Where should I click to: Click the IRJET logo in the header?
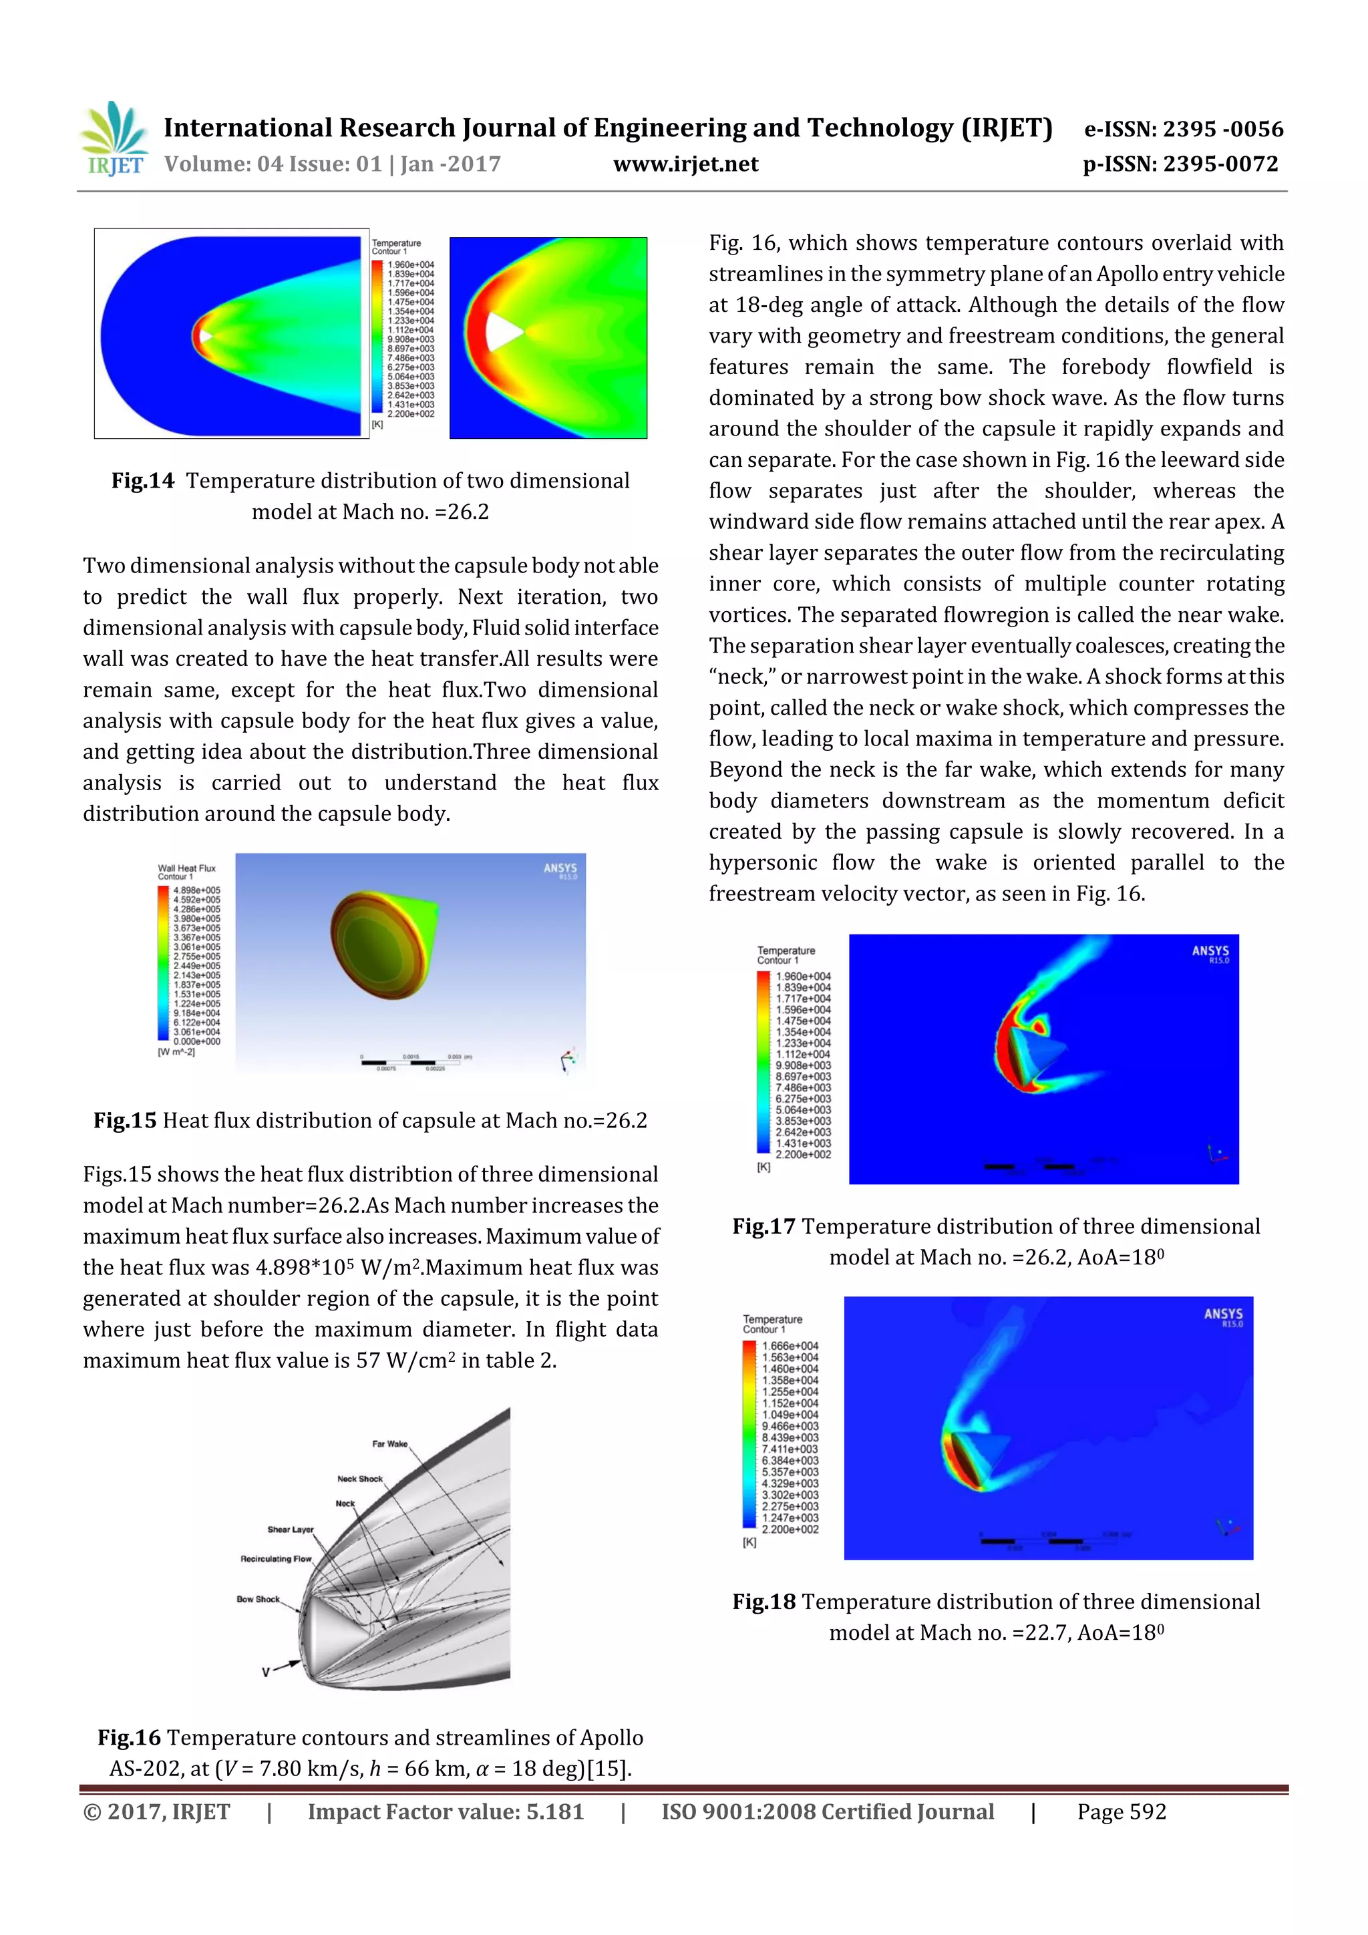pos(114,139)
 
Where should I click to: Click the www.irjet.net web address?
pos(685,164)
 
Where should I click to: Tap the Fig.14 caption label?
pos(142,480)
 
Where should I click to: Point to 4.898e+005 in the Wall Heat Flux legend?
pos(196,890)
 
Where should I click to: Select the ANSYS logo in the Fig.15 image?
pos(560,869)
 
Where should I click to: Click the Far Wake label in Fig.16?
pos(389,1443)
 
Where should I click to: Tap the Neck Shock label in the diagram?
pos(360,1479)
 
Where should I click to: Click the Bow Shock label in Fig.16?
pos(258,1599)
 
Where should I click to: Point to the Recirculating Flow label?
pos(276,1559)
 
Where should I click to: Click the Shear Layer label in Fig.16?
pos(290,1530)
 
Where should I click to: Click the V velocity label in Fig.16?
pos(265,1672)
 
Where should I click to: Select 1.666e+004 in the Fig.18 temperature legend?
pos(790,1346)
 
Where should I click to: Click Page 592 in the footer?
pos(1121,1812)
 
